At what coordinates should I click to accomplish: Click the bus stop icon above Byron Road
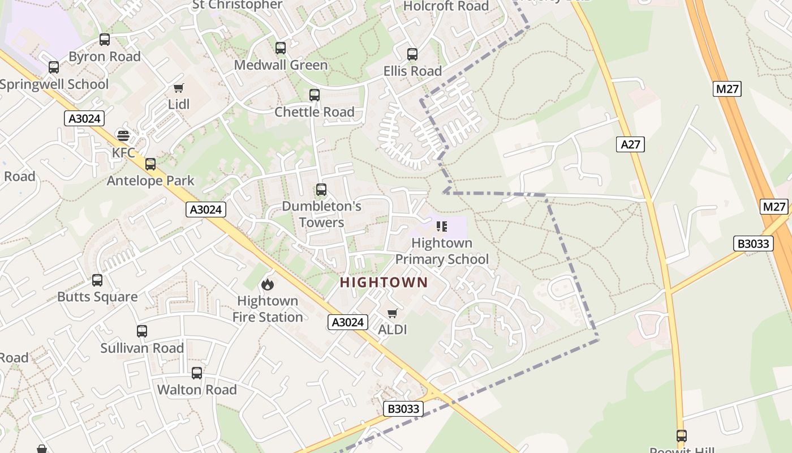(105, 40)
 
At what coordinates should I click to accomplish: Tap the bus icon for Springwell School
(54, 67)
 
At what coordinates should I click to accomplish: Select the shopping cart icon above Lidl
(179, 88)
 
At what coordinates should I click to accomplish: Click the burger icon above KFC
(123, 135)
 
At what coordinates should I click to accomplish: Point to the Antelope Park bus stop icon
(150, 164)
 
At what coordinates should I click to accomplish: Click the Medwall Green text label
(281, 65)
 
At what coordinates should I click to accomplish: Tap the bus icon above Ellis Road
(412, 54)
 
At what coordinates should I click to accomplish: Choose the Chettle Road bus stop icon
(315, 95)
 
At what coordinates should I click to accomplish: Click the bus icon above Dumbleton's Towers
(321, 190)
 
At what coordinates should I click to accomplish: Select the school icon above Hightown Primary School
(442, 226)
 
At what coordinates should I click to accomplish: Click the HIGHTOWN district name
(384, 282)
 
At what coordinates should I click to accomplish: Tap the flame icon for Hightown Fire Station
(268, 284)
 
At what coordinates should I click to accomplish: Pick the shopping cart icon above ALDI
(393, 313)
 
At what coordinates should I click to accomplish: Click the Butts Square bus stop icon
(97, 280)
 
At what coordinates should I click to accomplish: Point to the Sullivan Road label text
(142, 348)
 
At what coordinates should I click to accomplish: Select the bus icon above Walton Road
(197, 373)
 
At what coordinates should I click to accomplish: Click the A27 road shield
(630, 144)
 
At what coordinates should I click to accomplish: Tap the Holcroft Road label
(446, 6)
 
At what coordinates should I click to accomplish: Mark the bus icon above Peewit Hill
(682, 436)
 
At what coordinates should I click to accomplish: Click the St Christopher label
(237, 5)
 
